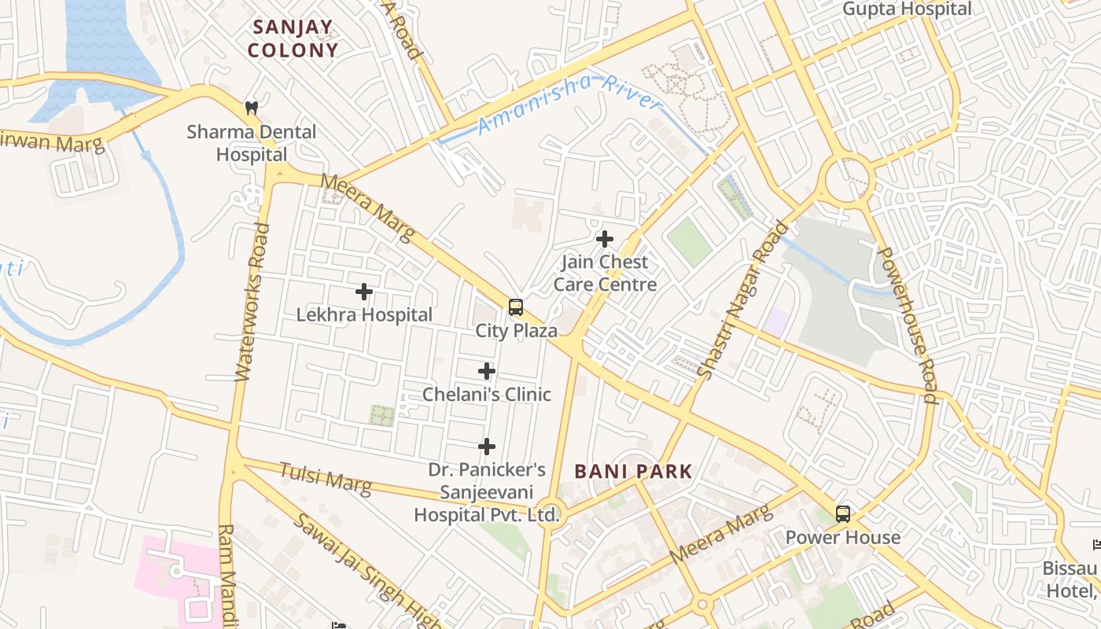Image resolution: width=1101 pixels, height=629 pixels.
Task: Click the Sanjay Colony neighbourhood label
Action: tap(293, 39)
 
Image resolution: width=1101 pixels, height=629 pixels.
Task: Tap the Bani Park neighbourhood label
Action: tap(633, 472)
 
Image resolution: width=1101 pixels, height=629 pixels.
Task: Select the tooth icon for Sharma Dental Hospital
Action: tap(252, 108)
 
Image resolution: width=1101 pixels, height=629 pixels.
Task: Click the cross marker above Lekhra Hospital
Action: tap(364, 292)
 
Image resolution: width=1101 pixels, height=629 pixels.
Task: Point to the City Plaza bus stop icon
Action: tap(516, 307)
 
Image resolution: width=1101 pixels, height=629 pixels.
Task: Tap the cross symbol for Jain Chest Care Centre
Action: tap(605, 238)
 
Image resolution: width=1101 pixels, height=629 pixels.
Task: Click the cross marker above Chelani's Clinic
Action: tap(487, 371)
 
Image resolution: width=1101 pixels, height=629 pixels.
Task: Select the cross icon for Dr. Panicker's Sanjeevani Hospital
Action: tap(487, 447)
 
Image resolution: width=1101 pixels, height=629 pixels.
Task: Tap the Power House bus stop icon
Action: tap(843, 514)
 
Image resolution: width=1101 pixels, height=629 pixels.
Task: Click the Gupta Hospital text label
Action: tap(907, 9)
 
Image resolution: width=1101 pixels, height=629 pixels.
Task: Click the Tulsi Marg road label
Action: tap(326, 478)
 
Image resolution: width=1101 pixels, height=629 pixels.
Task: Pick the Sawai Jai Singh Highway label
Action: tap(362, 570)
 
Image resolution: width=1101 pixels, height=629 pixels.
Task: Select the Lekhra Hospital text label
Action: tap(364, 315)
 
